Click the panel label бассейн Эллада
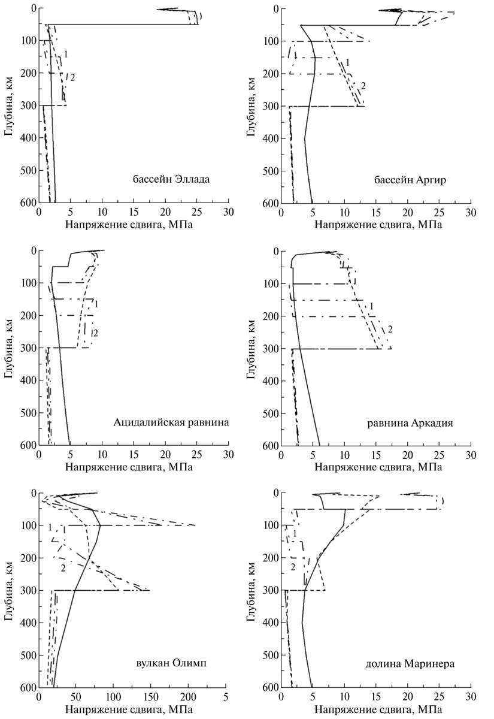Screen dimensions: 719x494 pyautogui.click(x=171, y=179)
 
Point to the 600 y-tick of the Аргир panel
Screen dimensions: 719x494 pyautogui.click(x=269, y=204)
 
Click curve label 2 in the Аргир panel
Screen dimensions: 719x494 pyautogui.click(x=363, y=86)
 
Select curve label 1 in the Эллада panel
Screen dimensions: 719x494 pyautogui.click(x=65, y=55)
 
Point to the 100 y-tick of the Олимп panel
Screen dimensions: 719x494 pyautogui.click(x=26, y=525)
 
